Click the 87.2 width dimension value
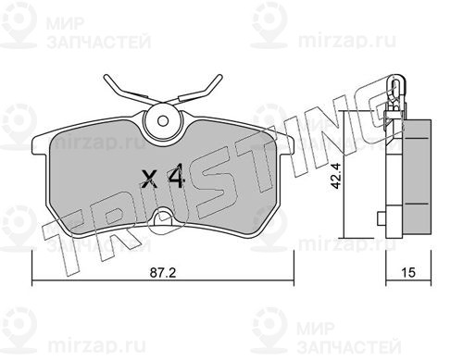tap(163, 273)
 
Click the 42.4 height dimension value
tap(335, 176)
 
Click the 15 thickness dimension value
tap(408, 273)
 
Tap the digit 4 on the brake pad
tap(176, 176)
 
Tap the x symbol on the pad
tap(149, 180)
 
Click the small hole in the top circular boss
tap(162, 120)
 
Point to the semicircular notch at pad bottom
tap(163, 217)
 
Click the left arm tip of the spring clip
tap(106, 77)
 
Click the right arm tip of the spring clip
tap(219, 77)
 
